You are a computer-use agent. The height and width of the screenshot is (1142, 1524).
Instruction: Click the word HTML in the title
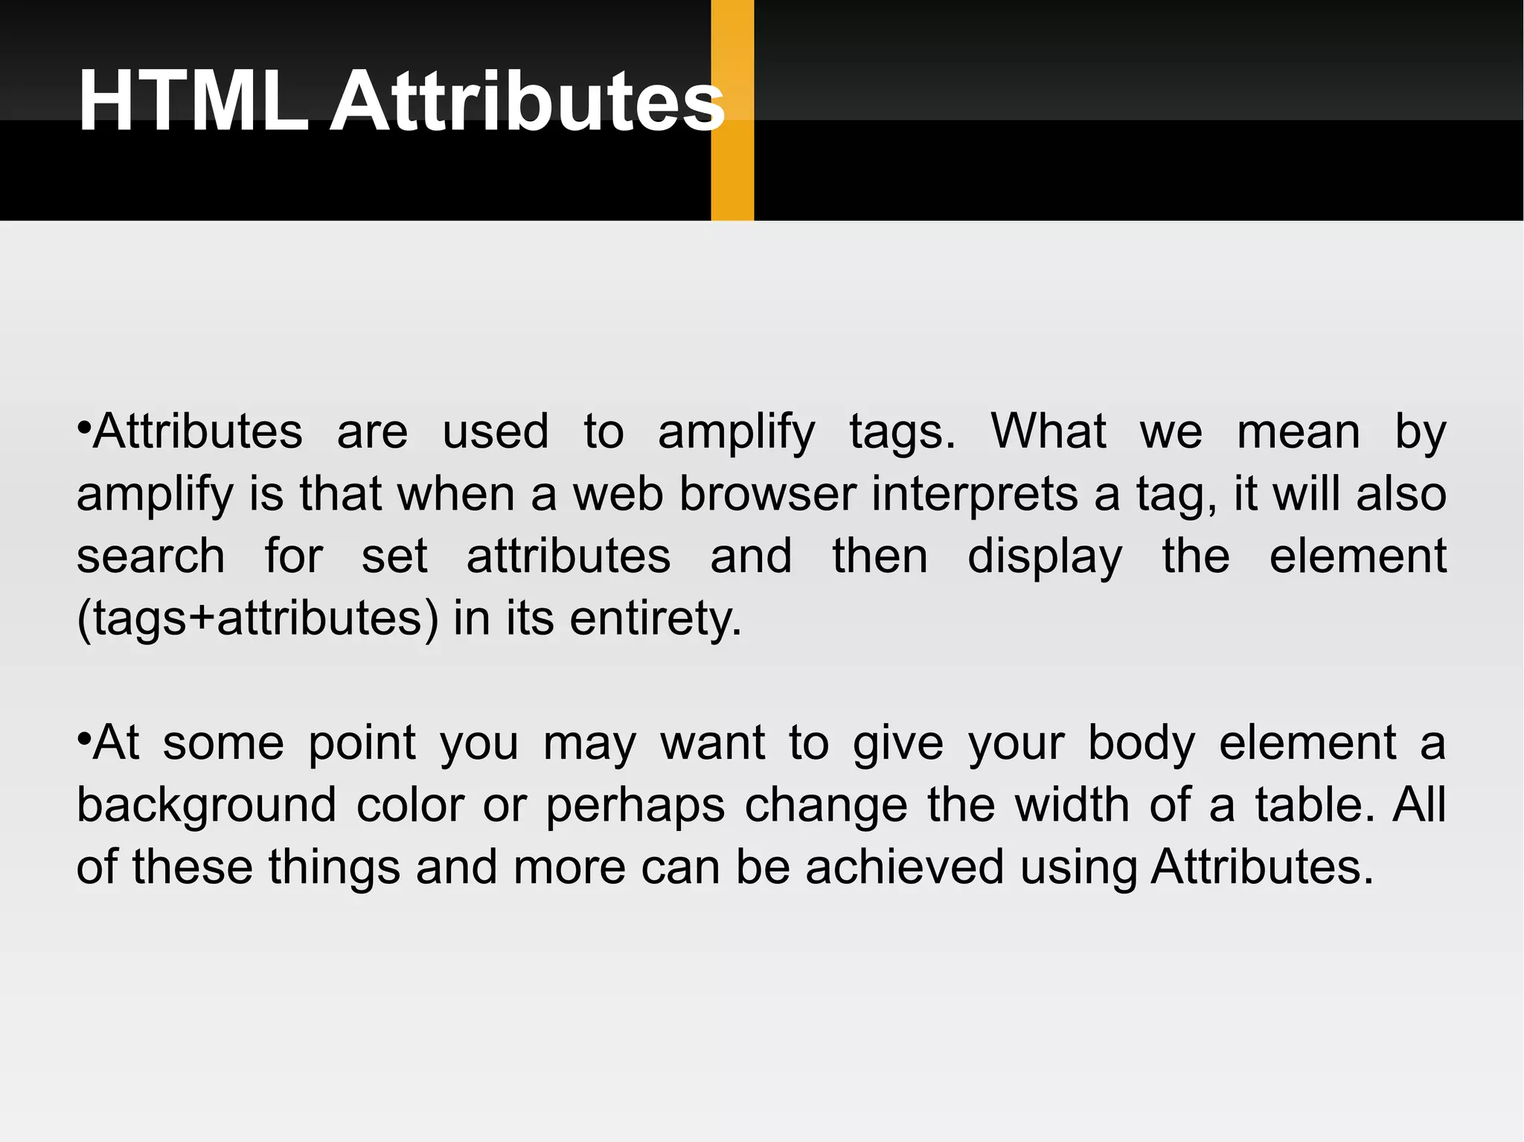point(193,102)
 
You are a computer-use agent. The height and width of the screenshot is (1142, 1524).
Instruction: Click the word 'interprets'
point(975,494)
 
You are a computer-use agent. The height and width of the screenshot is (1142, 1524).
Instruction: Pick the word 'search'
point(150,556)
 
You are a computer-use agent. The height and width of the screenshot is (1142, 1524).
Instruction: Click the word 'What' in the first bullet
point(1048,432)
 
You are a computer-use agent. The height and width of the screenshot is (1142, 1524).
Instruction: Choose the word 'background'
point(207,806)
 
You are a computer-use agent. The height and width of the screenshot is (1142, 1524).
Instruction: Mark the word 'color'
point(410,805)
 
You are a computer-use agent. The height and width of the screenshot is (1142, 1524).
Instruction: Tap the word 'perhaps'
point(635,806)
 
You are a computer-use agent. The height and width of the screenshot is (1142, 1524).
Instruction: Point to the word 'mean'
point(1299,432)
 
